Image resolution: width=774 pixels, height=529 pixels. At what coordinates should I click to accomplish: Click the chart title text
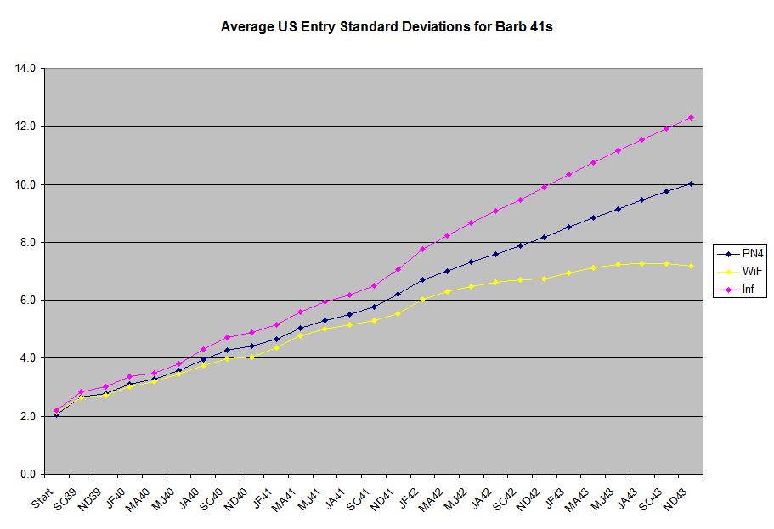click(387, 26)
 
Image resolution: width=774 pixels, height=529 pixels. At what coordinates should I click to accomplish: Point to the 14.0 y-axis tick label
click(25, 68)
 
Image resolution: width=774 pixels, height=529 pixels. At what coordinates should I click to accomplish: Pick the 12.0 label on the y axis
click(25, 126)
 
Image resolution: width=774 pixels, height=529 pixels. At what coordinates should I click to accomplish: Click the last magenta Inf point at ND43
click(691, 117)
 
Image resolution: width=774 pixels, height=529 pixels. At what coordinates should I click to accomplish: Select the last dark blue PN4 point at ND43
click(691, 183)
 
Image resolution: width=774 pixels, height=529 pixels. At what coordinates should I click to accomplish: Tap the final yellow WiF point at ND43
click(691, 266)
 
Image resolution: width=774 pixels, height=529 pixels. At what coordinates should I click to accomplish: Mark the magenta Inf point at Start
click(56, 410)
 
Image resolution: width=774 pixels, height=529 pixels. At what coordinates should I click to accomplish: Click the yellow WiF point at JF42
click(422, 299)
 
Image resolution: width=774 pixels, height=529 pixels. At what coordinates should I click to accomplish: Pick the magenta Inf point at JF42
click(422, 249)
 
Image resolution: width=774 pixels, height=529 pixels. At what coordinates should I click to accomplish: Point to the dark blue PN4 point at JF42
click(422, 279)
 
